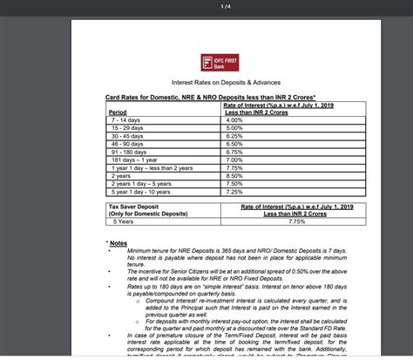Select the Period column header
(117, 112)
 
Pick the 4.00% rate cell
(234, 119)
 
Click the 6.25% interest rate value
(234, 136)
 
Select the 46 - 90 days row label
(125, 144)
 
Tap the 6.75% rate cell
(234, 152)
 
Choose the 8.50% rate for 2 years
(234, 175)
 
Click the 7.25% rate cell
(234, 191)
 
